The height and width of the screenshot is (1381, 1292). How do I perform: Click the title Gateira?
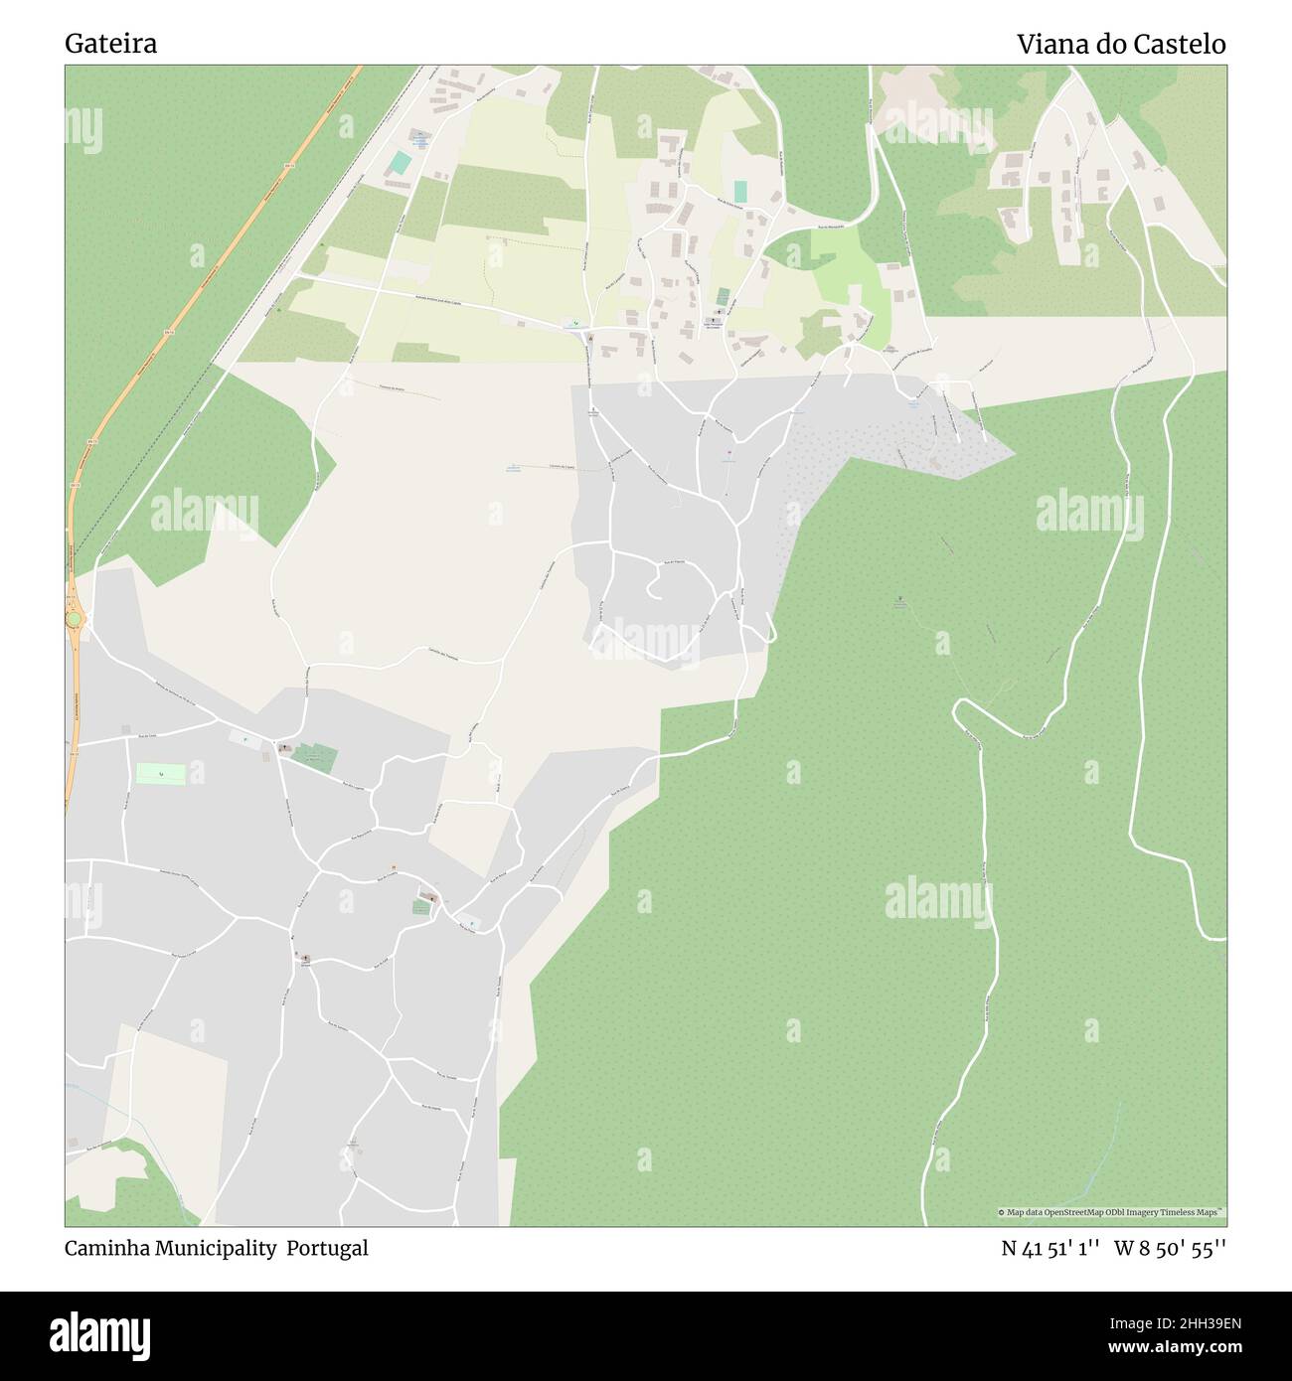click(110, 45)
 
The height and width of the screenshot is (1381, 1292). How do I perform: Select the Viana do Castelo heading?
click(1120, 45)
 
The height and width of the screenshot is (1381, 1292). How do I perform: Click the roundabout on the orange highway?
click(74, 620)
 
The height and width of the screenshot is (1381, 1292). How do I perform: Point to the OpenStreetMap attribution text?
click(1110, 1212)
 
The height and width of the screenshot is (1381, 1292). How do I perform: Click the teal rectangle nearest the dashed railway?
click(399, 162)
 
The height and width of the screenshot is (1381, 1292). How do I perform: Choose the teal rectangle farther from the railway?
click(739, 190)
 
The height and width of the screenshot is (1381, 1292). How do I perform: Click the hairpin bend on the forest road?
click(960, 708)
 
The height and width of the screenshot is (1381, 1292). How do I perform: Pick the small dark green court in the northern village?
click(723, 296)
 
